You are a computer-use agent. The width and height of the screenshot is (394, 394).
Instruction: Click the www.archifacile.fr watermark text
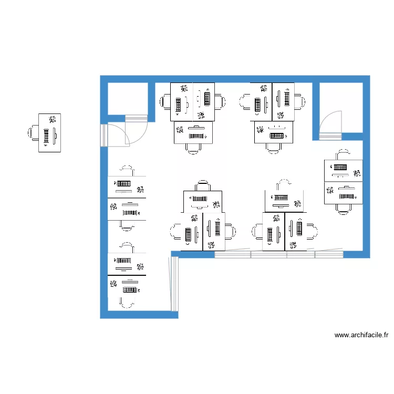pyautogui.click(x=361, y=335)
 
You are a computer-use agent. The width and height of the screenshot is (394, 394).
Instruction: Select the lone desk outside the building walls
pyautogui.click(x=49, y=133)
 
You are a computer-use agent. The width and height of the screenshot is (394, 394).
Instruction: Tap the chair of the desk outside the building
pyautogui.click(x=34, y=133)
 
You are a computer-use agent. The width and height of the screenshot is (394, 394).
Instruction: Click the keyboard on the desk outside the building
pyautogui.click(x=46, y=136)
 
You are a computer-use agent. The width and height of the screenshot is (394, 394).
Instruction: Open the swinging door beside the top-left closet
pyautogui.click(x=119, y=132)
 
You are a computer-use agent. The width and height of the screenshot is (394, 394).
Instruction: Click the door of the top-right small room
pyautogui.click(x=330, y=125)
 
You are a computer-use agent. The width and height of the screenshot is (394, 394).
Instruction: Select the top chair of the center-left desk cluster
pyautogui.click(x=202, y=186)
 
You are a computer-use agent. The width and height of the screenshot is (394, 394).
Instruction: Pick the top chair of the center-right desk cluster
pyautogui.click(x=284, y=185)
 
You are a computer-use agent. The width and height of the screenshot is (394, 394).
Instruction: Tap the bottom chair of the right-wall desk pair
pyautogui.click(x=344, y=208)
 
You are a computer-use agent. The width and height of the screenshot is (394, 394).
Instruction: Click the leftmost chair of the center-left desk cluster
pyautogui.click(x=176, y=232)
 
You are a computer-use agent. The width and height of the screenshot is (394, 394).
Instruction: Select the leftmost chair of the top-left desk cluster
pyautogui.click(x=165, y=101)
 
